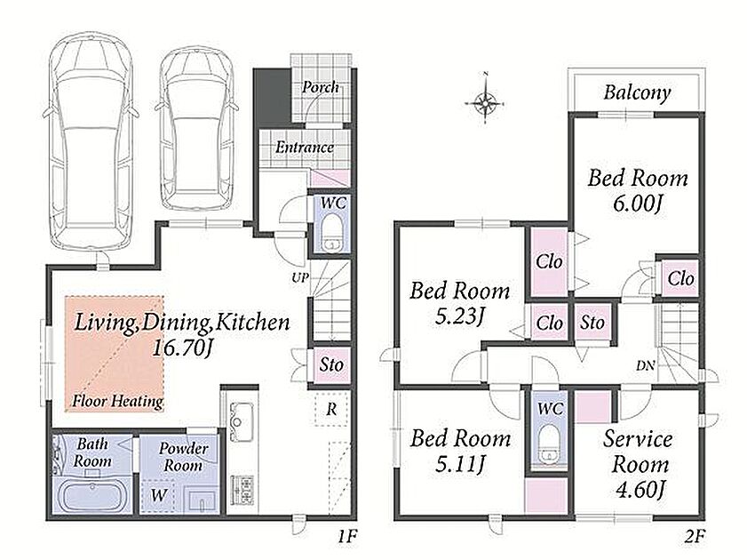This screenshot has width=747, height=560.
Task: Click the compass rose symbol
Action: click(x=484, y=101)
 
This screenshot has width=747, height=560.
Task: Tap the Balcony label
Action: click(x=637, y=92)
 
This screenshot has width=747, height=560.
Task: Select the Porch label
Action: click(x=321, y=87)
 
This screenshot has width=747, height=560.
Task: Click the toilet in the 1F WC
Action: click(x=331, y=233)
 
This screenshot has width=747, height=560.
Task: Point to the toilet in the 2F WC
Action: click(x=550, y=444)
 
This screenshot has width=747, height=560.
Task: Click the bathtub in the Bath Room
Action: click(x=91, y=496)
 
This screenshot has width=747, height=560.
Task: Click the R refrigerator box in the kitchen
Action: click(x=331, y=408)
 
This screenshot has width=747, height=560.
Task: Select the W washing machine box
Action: click(x=158, y=495)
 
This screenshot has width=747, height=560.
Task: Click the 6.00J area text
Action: click(x=638, y=204)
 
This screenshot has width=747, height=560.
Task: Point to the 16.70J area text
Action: click(x=181, y=348)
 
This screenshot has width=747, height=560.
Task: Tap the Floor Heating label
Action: click(x=117, y=401)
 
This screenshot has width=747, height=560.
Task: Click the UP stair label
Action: click(x=300, y=277)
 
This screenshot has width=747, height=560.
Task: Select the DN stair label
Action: click(x=646, y=366)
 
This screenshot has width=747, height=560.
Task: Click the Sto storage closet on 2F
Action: click(x=592, y=323)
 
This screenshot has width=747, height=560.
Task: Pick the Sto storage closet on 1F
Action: click(x=331, y=365)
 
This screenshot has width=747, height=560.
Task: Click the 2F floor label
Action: click(x=695, y=537)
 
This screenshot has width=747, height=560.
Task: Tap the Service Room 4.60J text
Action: click(x=639, y=464)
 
